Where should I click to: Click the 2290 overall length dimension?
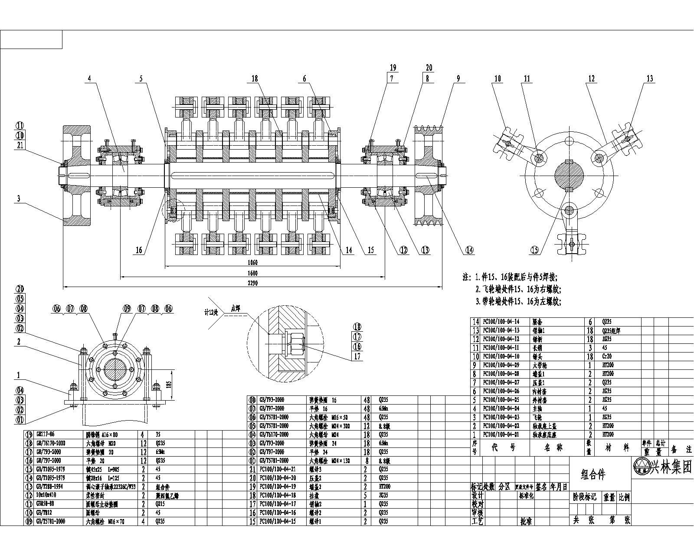pyautogui.click(x=252, y=283)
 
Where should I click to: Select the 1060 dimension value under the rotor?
pyautogui.click(x=252, y=263)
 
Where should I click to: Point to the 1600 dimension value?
pyautogui.click(x=252, y=273)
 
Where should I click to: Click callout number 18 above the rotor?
pyautogui.click(x=254, y=78)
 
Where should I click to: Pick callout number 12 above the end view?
pyautogui.click(x=591, y=78)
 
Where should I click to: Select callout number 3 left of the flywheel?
pyautogui.click(x=18, y=199)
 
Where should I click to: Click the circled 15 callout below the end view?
pyautogui.click(x=534, y=250)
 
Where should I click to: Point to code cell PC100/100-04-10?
pyautogui.click(x=501, y=356)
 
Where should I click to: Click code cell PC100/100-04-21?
pyautogui.click(x=278, y=469)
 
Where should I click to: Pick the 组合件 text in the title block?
pyautogui.click(x=593, y=474)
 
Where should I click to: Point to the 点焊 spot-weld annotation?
pyautogui.click(x=235, y=309)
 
